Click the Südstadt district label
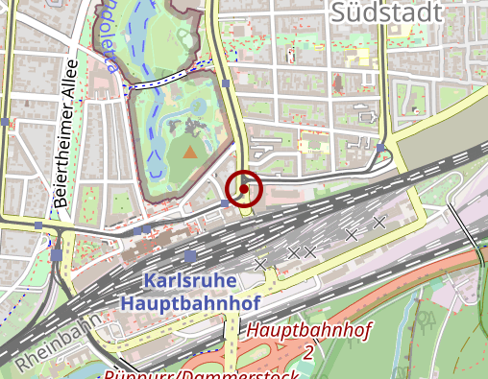385,13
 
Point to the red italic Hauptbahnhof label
308,331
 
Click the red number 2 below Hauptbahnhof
308,352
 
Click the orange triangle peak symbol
190,151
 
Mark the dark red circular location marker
244,189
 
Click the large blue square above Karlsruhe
190,256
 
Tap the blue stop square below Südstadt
381,148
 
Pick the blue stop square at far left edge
6,122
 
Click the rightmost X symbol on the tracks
379,222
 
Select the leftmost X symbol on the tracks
259,263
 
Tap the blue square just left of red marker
225,203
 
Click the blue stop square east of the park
225,83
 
